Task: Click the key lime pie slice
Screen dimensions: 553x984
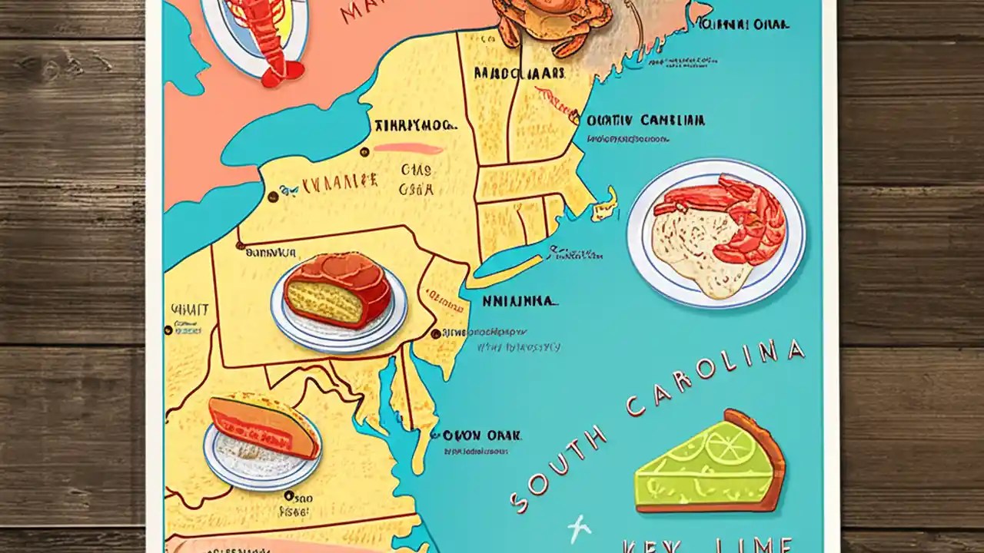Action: point(703,469)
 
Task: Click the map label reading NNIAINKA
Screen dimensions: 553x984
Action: point(518,301)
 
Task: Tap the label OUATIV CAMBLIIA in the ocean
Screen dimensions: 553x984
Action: point(645,121)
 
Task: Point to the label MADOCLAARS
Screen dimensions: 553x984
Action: point(519,74)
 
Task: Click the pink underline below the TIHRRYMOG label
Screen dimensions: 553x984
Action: point(407,148)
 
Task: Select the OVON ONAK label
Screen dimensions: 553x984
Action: point(482,435)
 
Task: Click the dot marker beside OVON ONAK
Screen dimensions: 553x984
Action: point(436,435)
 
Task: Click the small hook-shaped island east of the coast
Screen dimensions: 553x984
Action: point(605,202)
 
